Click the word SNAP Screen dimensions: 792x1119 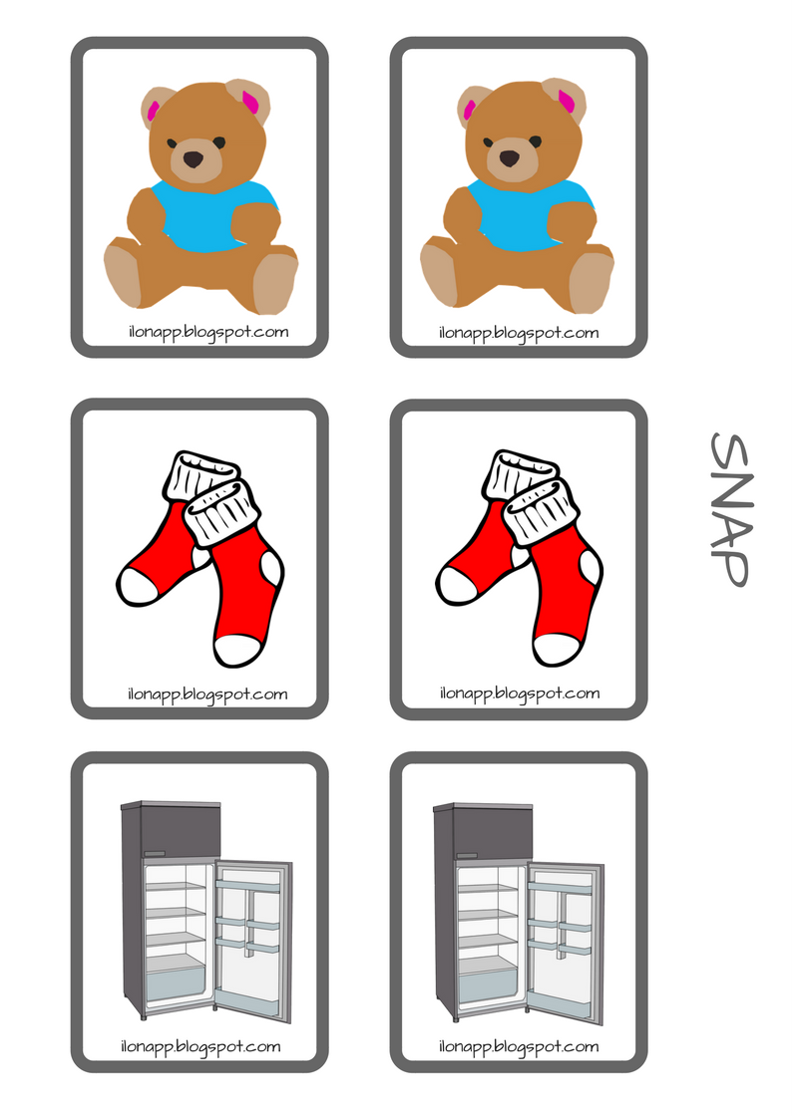click(x=729, y=509)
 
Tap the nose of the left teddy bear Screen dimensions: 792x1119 click(x=194, y=158)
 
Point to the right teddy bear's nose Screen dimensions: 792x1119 click(x=509, y=158)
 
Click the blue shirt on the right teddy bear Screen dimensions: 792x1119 click(x=530, y=214)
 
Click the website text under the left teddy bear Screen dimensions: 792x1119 click(x=208, y=333)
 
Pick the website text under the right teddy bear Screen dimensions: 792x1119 click(x=519, y=333)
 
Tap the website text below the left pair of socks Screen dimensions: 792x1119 click(x=207, y=695)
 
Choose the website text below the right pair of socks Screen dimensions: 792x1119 click(x=520, y=694)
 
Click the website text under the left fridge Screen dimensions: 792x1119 click(x=200, y=1047)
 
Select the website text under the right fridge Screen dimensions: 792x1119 click(x=519, y=1047)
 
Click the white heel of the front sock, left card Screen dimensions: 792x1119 click(x=271, y=571)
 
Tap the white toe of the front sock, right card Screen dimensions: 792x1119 click(x=557, y=648)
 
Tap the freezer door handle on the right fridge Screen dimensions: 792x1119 click(x=467, y=854)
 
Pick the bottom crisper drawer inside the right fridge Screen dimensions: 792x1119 click(x=487, y=983)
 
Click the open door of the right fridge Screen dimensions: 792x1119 click(x=566, y=943)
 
